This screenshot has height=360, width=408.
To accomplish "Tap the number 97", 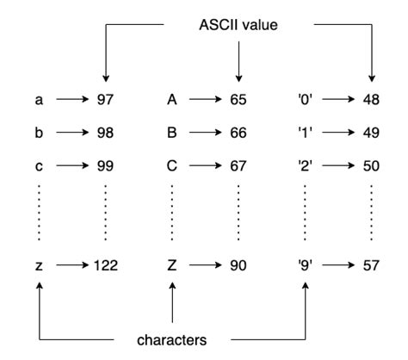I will coord(103,100).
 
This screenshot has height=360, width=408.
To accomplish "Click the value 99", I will coord(103,165).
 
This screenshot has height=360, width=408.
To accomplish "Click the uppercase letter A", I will coord(172,100).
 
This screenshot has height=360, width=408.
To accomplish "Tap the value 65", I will coord(238,100).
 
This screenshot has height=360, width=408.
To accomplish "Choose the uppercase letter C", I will coord(172,165).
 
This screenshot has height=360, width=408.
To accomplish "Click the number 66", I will coord(238,133).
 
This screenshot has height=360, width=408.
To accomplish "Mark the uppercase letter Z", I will coord(172,265).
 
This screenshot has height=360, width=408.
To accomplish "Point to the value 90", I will coord(238,265).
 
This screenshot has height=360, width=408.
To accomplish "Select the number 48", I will coord(371,100).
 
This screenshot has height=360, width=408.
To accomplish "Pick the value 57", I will coord(371,265).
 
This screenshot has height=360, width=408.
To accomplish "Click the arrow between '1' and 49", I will coord(338,133).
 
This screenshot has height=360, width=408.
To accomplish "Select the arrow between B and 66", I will coord(205,133).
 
